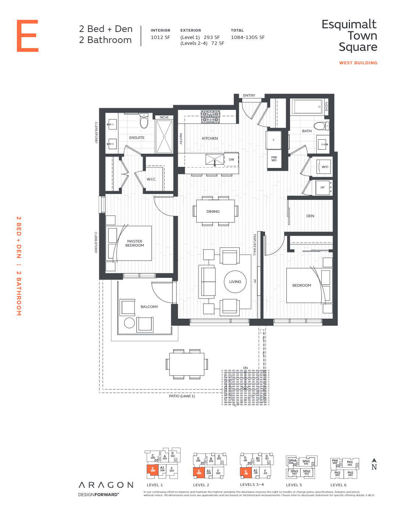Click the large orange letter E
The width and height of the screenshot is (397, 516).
(28, 36)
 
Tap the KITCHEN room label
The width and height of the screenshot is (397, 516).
(210, 139)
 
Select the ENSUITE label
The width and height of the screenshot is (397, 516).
(137, 138)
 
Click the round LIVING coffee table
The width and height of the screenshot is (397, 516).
(235, 282)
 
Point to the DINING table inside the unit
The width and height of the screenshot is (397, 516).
(215, 211)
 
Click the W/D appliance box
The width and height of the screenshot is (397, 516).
(324, 167)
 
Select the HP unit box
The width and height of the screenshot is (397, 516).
(322, 187)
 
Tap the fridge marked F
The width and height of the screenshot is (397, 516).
(273, 140)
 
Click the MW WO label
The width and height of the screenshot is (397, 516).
(274, 159)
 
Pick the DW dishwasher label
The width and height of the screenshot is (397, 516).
(231, 160)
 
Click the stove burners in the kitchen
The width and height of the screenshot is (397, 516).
(210, 117)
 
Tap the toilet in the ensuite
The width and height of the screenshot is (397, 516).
(144, 121)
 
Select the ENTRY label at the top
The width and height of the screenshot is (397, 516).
(249, 96)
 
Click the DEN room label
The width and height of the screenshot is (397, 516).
(310, 216)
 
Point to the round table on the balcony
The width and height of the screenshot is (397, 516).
(129, 323)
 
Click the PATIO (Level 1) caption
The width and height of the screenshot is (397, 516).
(182, 396)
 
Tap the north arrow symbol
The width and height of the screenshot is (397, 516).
(374, 461)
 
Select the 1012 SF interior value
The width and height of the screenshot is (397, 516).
(160, 37)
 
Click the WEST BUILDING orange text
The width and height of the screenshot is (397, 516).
(358, 63)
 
